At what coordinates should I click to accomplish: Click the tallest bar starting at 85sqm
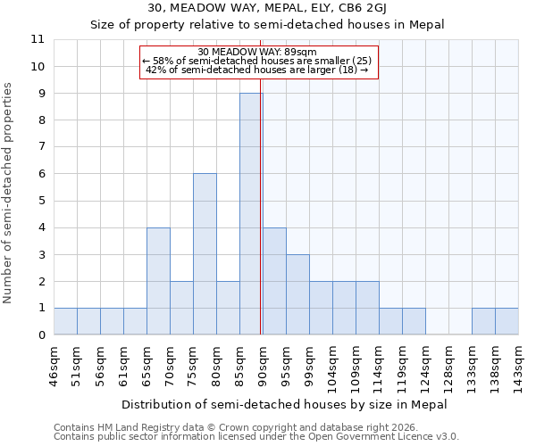[251, 214]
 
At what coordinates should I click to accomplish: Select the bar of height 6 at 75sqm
[205, 254]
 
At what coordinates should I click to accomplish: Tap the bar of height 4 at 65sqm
[158, 281]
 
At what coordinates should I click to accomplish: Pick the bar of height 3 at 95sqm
[297, 294]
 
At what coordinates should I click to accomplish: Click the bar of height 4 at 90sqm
[274, 281]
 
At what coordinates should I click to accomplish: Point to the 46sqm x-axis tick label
[54, 365]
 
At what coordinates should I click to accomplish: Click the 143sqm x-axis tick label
[518, 367]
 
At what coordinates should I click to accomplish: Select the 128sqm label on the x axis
[425, 367]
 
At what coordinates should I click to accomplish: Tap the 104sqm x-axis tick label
[332, 367]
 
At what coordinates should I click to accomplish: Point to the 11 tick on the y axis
[38, 39]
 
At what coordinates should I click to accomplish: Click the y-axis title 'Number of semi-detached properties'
[10, 193]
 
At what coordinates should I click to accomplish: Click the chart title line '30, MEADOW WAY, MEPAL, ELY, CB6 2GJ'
[267, 8]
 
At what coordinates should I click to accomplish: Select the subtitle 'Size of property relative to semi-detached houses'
[267, 24]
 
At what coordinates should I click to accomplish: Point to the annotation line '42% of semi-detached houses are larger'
[256, 70]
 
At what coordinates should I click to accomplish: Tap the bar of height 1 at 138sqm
[483, 321]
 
